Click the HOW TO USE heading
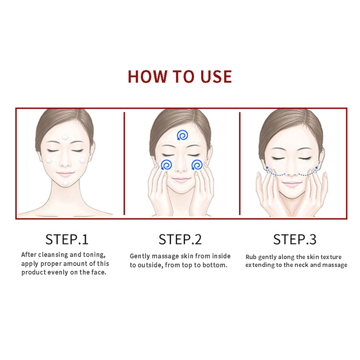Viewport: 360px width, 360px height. (180, 76)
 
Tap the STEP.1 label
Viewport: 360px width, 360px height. (67, 239)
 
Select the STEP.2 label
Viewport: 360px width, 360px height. (180, 239)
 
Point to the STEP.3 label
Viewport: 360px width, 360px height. (295, 239)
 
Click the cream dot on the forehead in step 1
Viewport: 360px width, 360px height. (65, 137)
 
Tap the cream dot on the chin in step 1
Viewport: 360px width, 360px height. (66, 183)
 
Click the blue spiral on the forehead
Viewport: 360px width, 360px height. (183, 135)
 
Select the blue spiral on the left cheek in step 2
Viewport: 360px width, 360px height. (166, 165)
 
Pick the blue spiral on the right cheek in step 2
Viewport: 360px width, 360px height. (197, 165)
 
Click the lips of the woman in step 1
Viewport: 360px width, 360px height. (65, 174)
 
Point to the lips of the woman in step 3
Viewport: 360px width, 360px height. (292, 184)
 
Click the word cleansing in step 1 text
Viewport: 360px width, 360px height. (53, 255)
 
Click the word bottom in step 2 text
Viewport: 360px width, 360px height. (215, 265)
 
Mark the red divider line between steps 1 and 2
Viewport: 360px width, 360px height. (124, 163)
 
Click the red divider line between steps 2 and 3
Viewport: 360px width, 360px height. (240, 163)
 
